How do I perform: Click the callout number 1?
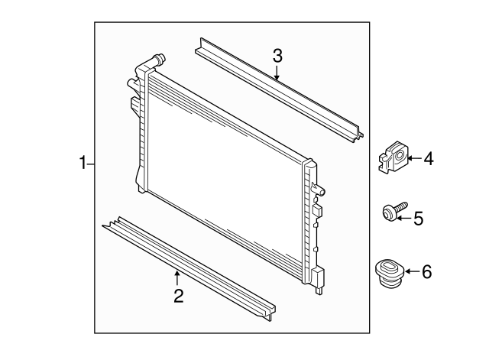pos(83,163)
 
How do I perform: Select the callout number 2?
pos(178,296)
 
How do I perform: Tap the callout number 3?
pos(277,55)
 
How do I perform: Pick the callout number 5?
pos(418,219)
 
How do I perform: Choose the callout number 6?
pos(426,271)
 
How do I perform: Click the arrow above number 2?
pos(178,277)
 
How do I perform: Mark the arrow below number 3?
pos(277,73)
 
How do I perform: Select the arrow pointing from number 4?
pos(413,159)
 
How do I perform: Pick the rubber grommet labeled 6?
pos(387,274)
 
